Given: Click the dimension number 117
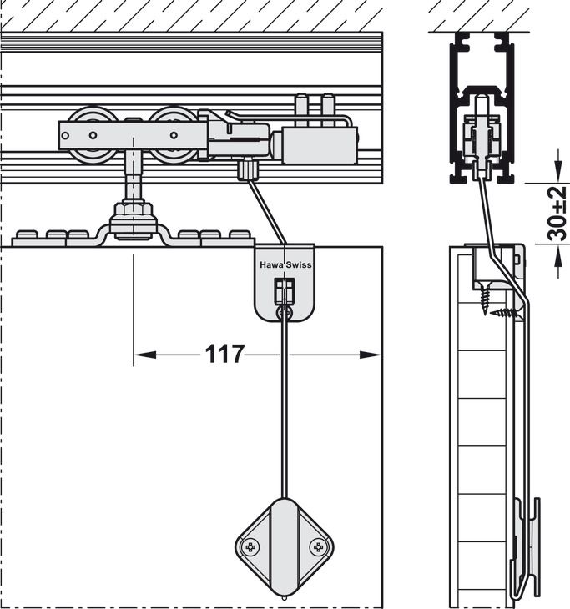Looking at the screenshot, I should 224,355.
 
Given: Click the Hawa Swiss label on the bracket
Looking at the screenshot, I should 285,264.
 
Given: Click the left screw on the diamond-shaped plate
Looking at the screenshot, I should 250,547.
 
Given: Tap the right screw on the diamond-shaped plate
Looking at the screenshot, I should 317,547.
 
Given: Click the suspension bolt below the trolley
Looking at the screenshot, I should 131,188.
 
